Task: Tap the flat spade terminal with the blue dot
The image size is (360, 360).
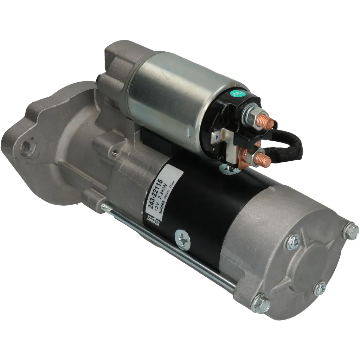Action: [216, 136]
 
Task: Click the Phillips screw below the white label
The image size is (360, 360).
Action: [183, 239]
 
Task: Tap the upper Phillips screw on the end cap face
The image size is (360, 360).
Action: [293, 242]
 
